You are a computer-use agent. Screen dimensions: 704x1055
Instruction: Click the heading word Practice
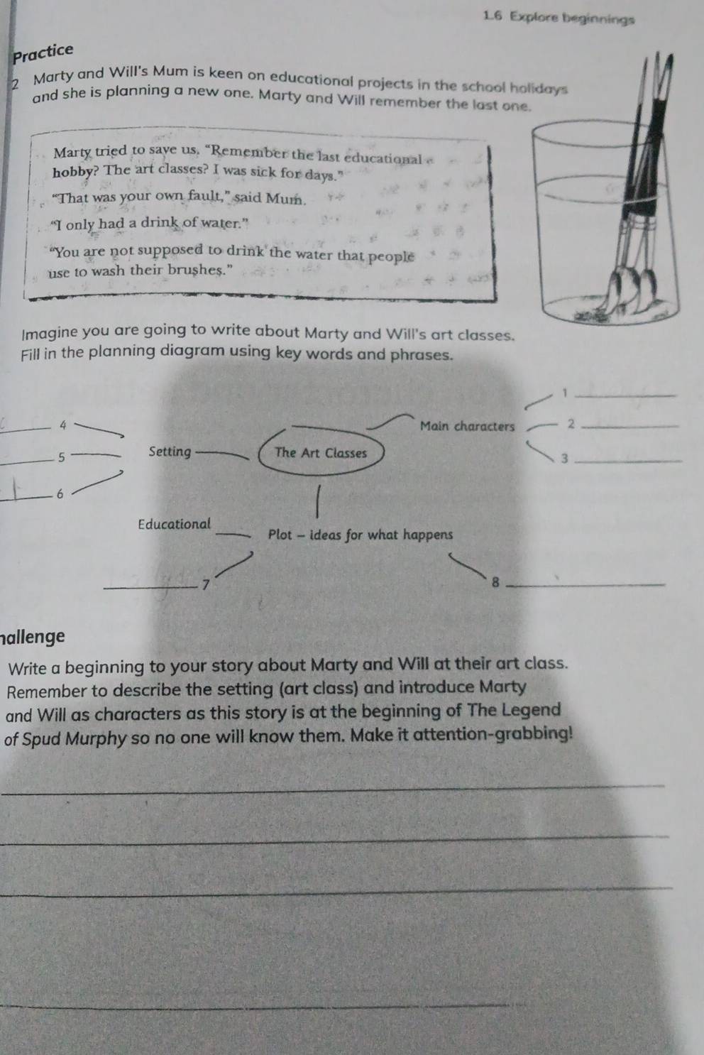coord(43,53)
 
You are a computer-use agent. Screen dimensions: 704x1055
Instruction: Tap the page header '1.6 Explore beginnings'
coord(559,18)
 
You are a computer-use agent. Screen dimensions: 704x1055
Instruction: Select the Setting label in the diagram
coord(170,452)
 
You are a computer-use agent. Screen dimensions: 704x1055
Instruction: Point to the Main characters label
coord(467,426)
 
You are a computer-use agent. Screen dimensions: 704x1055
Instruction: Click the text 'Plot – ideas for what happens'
coord(361,535)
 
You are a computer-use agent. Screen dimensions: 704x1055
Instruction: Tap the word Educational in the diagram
coord(175,524)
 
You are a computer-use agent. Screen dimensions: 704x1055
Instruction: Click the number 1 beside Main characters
coord(566,393)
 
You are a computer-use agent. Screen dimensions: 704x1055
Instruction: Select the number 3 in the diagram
coord(565,458)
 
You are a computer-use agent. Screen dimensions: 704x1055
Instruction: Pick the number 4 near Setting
coord(63,425)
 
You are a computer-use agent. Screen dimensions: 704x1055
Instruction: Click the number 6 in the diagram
coord(60,494)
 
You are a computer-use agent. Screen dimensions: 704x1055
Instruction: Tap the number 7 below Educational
coord(205,585)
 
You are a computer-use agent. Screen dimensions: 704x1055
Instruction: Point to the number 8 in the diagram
coord(495,583)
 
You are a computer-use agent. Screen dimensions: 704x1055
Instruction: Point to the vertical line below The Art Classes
coord(318,502)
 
